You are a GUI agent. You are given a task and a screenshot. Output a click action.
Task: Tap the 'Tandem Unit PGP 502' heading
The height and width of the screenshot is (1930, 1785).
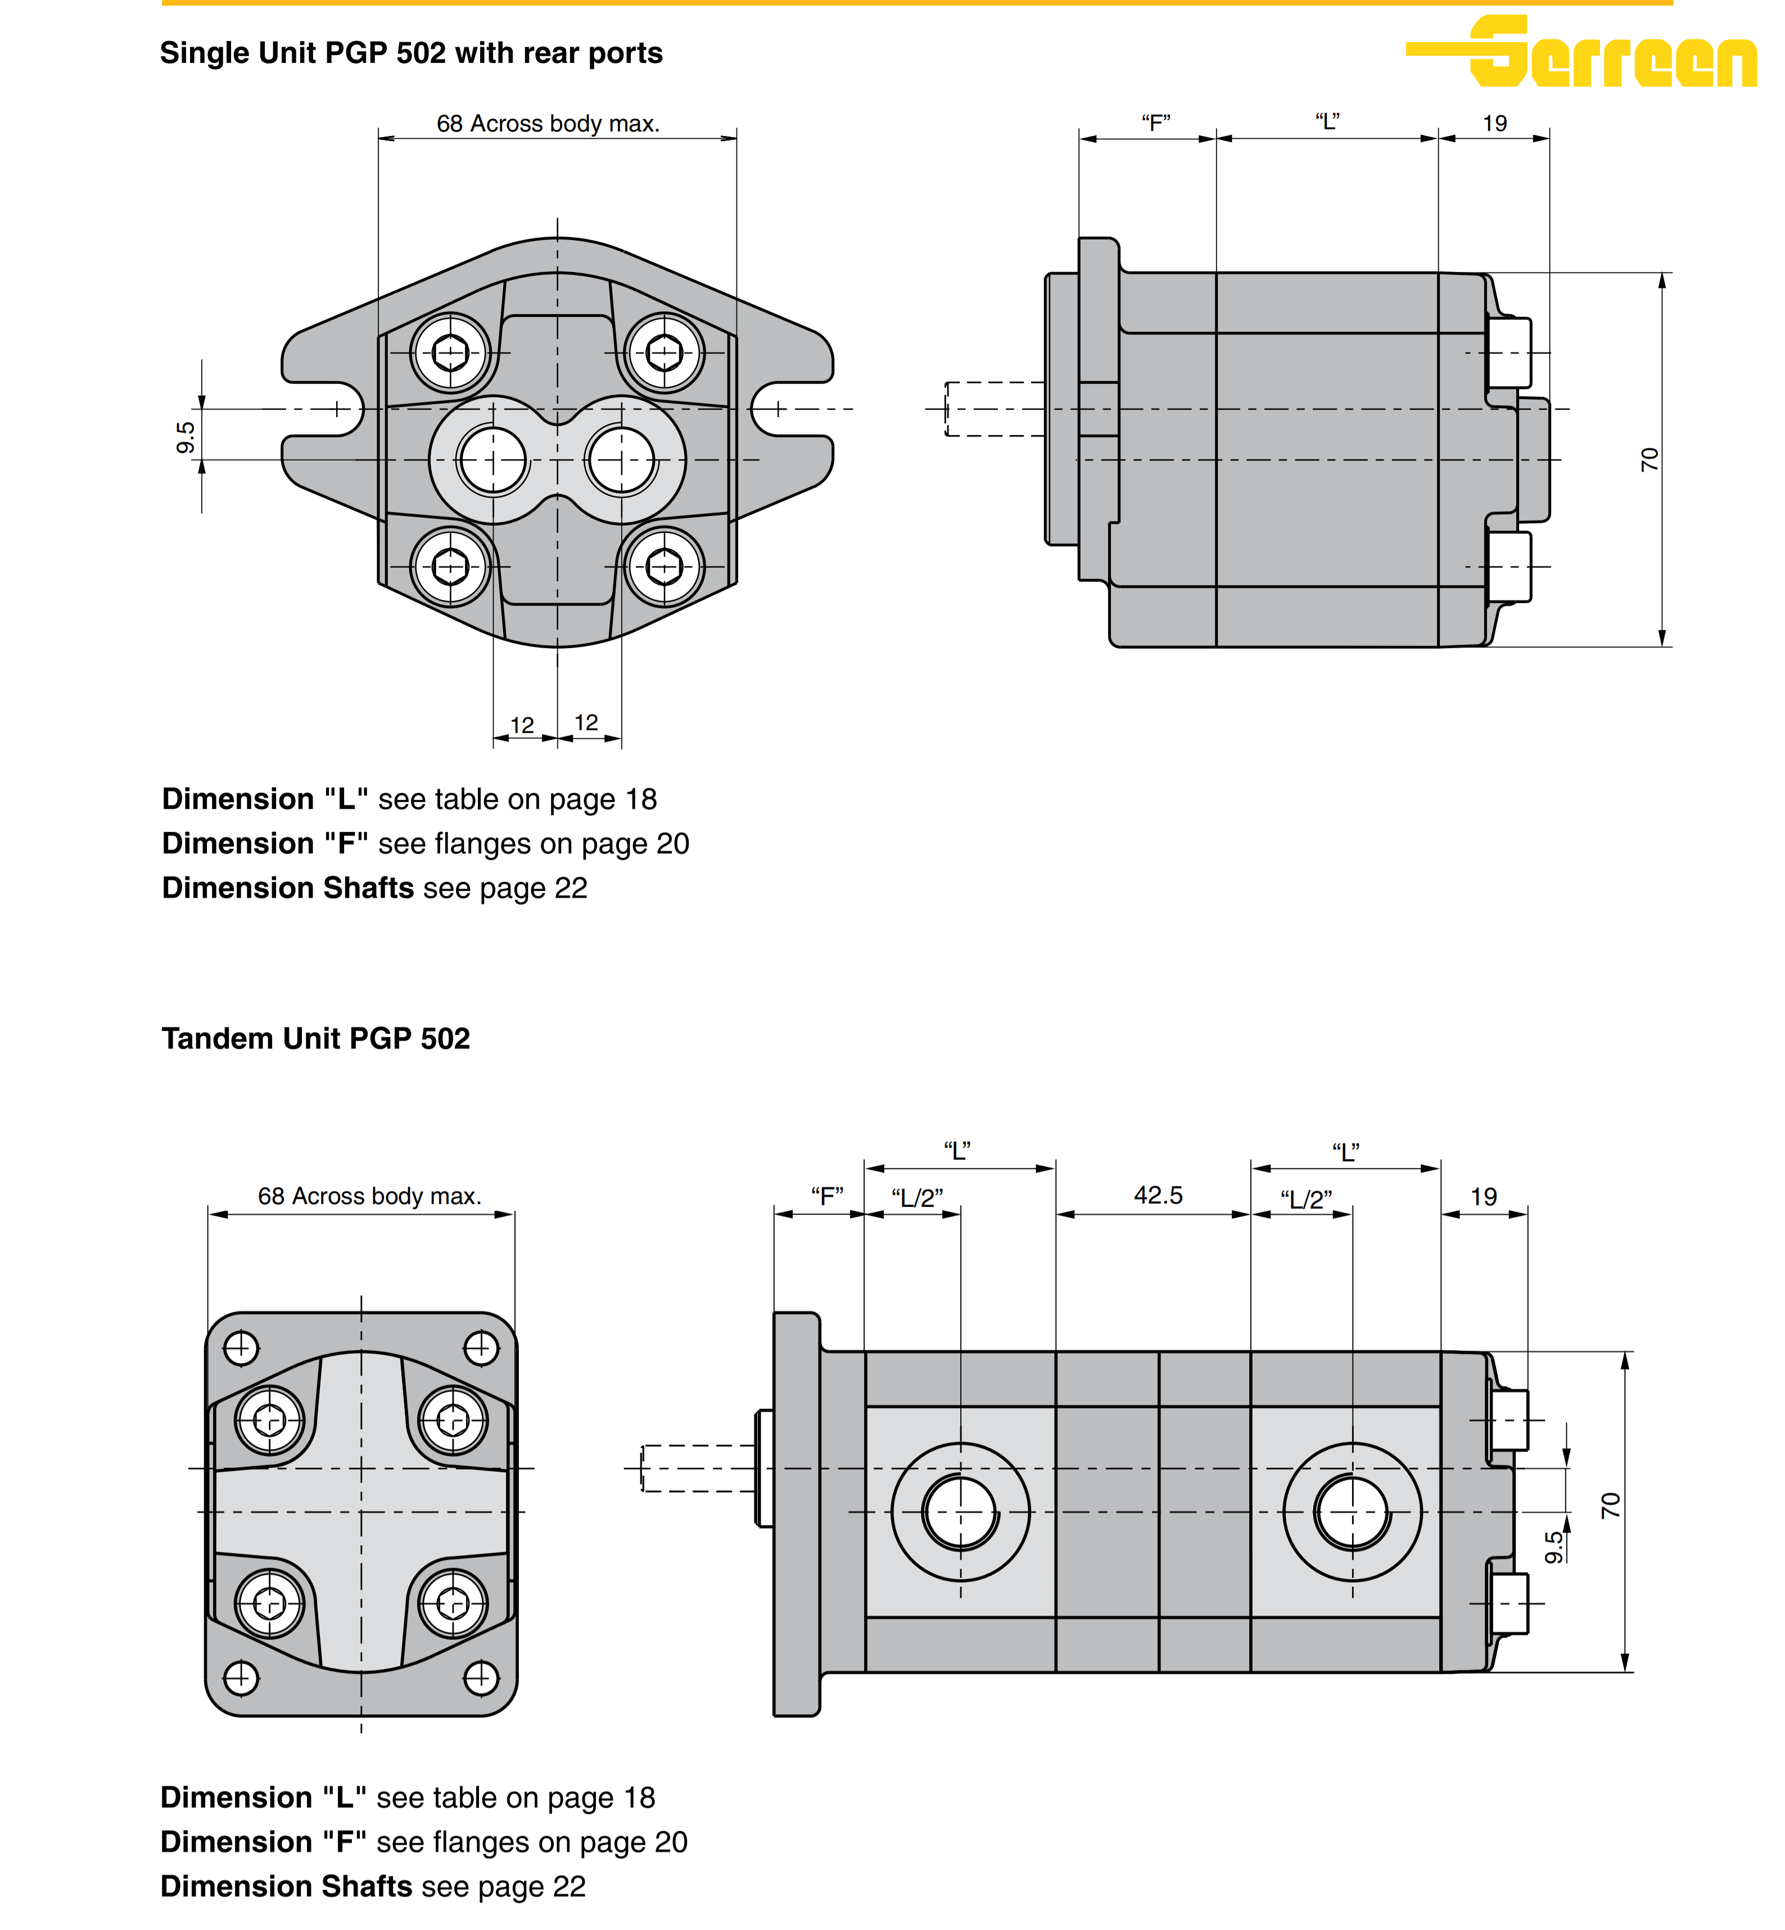[316, 1038]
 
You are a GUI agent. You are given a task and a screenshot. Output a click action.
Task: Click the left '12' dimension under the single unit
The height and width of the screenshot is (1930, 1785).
[522, 725]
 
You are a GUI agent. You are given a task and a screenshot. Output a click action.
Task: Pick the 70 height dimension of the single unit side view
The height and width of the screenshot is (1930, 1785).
[1649, 460]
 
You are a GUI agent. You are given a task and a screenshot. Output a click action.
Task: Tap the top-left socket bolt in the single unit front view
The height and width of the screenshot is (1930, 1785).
[450, 352]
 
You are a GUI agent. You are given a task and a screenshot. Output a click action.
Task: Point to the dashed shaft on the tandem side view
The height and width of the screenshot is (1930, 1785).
[697, 1468]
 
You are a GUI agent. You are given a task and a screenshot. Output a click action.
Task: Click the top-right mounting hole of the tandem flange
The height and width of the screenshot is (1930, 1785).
[481, 1348]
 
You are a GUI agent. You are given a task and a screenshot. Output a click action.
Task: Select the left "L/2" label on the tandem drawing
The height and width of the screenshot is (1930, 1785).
[916, 1198]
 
